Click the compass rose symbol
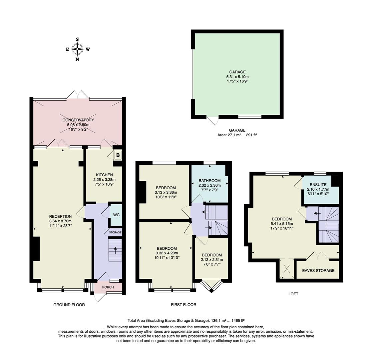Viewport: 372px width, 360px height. [77, 49]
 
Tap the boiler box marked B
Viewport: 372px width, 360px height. [118, 155]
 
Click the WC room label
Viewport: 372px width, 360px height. [116, 215]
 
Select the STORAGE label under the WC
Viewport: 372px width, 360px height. [115, 232]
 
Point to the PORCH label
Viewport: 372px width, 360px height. [108, 287]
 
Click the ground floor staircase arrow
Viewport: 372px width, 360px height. [115, 250]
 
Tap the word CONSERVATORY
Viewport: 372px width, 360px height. [78, 120]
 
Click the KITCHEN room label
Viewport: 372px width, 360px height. [104, 175]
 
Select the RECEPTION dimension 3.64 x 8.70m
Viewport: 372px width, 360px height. [60, 221]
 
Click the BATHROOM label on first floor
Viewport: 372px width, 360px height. [210, 181]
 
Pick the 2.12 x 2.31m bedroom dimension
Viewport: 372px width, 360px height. [212, 260]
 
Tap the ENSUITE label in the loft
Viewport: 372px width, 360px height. [318, 185]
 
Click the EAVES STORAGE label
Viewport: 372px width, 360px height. [318, 270]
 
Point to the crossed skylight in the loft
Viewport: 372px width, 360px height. [287, 269]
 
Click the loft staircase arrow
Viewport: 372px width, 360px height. [317, 213]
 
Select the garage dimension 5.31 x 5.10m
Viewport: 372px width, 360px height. [237, 77]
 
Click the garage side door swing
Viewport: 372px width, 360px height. [213, 121]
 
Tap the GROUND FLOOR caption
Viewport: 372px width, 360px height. [69, 305]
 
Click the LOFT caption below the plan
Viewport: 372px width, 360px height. [293, 294]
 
